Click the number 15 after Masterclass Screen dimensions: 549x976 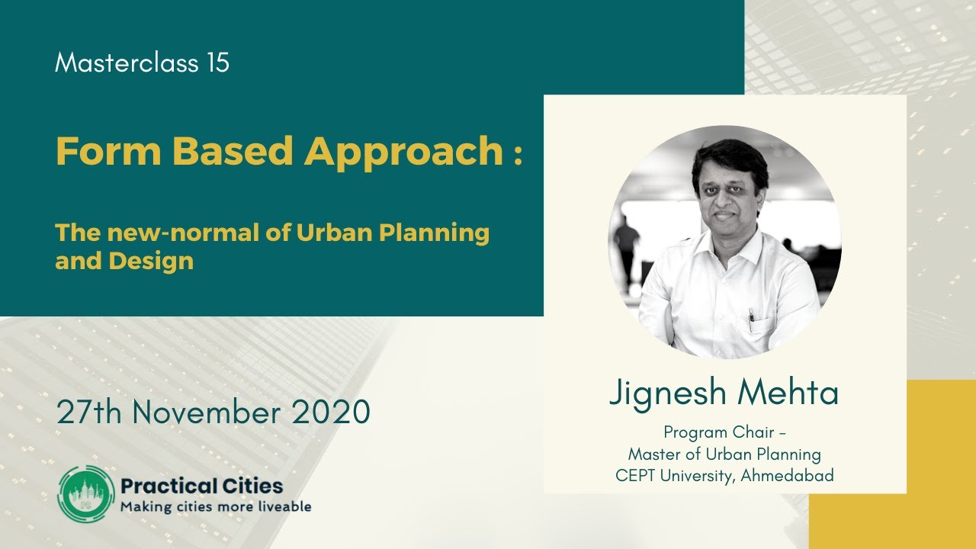coord(217,63)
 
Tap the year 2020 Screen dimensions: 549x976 coord(332,413)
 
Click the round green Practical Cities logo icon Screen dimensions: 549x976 coord(85,493)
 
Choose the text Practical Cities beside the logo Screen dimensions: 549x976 coord(202,486)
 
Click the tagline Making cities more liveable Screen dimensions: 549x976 coord(216,506)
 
